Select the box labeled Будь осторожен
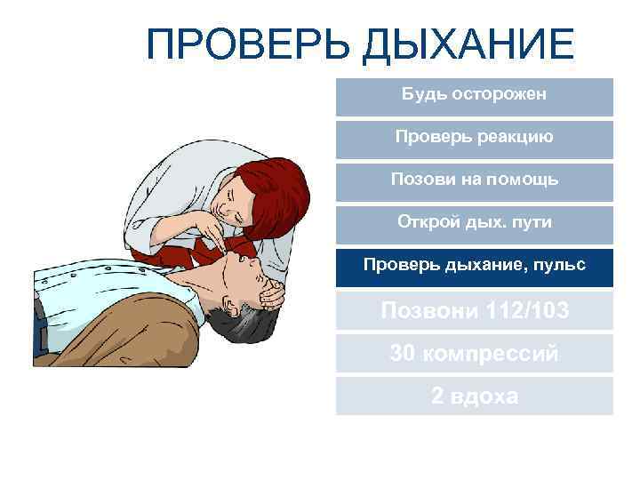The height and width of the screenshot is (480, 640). (x=474, y=95)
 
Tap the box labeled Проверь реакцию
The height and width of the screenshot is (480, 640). (x=474, y=138)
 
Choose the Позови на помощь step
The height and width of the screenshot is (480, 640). (x=474, y=180)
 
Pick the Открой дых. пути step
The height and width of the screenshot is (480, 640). (x=474, y=222)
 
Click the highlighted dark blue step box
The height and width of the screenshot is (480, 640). (x=474, y=266)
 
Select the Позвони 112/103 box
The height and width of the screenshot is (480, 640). (x=474, y=311)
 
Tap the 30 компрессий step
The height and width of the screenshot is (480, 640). (x=474, y=353)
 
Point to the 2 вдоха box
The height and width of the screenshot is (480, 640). (x=474, y=396)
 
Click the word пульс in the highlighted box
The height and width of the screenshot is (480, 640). (x=564, y=266)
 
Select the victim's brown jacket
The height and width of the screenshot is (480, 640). (x=116, y=338)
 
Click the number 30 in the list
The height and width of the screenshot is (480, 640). (x=402, y=353)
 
